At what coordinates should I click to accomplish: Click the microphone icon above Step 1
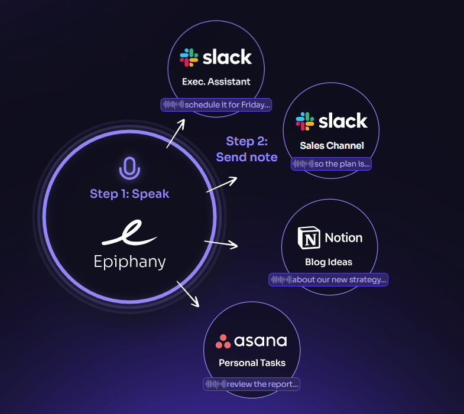(x=129, y=168)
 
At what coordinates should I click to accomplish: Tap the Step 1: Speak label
(x=129, y=194)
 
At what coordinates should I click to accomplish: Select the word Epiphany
(x=129, y=261)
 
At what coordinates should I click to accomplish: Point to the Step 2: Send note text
(x=246, y=149)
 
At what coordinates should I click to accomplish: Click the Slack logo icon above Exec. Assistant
(x=189, y=57)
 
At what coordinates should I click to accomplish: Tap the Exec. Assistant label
(x=216, y=82)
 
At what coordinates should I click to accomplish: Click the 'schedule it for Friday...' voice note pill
(x=216, y=105)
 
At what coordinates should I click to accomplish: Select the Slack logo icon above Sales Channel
(x=305, y=121)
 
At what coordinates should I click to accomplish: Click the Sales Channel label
(x=332, y=145)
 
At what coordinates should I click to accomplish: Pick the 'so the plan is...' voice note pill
(x=332, y=164)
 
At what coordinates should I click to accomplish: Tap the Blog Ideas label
(x=329, y=262)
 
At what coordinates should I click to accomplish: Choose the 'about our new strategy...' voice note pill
(x=329, y=279)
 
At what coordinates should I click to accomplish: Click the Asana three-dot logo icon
(x=223, y=341)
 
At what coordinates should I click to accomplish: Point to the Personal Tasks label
(x=252, y=363)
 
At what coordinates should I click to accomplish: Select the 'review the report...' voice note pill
(x=252, y=384)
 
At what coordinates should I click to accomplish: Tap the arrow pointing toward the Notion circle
(x=221, y=243)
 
